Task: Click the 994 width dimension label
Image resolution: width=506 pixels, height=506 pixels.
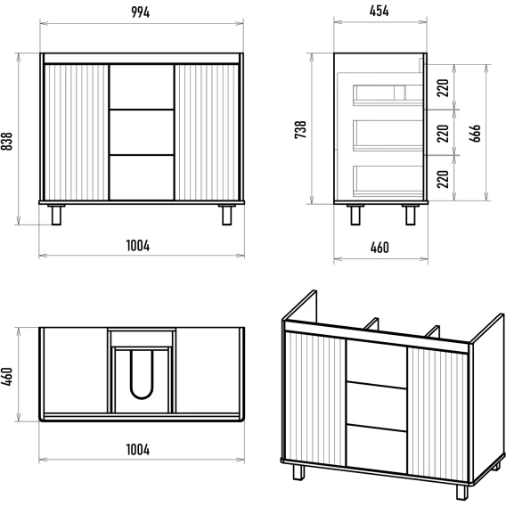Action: click(x=141, y=12)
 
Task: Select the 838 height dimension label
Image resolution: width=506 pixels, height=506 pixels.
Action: click(x=6, y=141)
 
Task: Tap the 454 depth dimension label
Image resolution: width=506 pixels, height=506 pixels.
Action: click(x=379, y=11)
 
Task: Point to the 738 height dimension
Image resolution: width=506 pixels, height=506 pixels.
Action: click(x=300, y=129)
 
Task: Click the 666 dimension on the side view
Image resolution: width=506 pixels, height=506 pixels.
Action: click(x=475, y=133)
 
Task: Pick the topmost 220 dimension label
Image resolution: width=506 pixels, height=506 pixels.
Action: click(x=443, y=88)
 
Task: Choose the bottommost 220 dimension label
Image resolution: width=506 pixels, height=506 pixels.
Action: click(x=443, y=179)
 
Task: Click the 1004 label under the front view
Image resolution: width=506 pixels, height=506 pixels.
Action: click(x=138, y=246)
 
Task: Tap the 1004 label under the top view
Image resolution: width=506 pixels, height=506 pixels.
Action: click(x=138, y=450)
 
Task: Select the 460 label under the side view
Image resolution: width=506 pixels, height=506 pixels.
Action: click(x=379, y=248)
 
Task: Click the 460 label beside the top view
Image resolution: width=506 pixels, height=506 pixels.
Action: click(x=6, y=376)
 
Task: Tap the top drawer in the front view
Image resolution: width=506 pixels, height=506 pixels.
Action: click(x=142, y=87)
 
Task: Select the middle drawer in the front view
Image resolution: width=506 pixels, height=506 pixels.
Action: click(x=142, y=133)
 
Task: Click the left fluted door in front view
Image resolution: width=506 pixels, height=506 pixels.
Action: click(x=76, y=133)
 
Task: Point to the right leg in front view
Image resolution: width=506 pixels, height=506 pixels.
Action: click(x=227, y=215)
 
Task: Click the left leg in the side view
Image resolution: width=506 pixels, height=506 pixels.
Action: click(x=355, y=215)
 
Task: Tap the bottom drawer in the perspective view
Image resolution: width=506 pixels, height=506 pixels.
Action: click(x=376, y=446)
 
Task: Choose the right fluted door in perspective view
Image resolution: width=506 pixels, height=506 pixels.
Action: click(x=438, y=414)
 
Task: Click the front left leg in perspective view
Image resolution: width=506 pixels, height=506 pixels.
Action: click(x=298, y=472)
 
